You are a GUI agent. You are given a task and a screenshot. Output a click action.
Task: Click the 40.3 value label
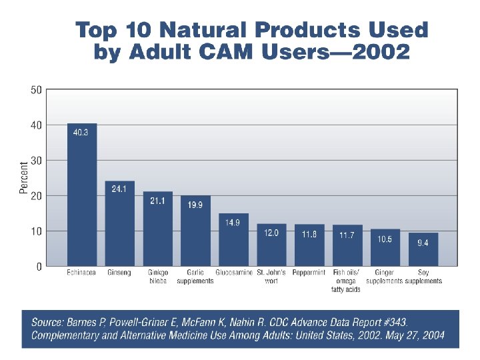(x=82, y=133)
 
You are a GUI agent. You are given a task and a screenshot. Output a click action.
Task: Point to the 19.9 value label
(x=195, y=205)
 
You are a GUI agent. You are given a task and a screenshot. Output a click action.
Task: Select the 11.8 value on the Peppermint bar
(x=309, y=234)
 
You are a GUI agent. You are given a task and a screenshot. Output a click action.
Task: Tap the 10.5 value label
(x=385, y=239)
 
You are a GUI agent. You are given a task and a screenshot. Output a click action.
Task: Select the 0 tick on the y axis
(x=39, y=267)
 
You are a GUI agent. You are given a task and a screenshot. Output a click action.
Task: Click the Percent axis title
(x=24, y=179)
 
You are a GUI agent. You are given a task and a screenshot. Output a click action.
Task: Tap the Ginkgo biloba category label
(x=158, y=277)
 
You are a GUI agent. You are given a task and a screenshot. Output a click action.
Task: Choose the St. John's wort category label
(x=271, y=277)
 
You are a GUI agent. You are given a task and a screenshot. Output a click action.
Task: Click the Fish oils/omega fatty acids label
(x=347, y=281)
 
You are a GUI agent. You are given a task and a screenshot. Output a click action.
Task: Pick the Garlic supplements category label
(x=195, y=277)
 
